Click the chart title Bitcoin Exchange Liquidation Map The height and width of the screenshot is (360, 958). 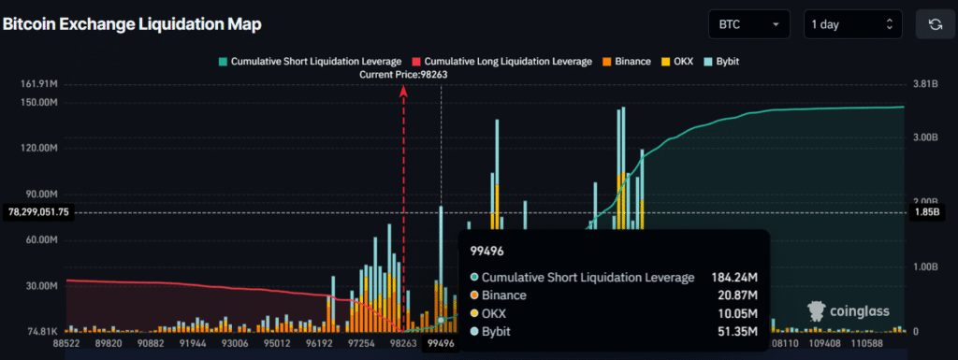click(x=131, y=23)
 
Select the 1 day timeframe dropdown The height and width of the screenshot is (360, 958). click(x=852, y=24)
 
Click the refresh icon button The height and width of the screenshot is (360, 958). click(x=934, y=24)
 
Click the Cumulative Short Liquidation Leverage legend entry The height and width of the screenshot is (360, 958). click(x=309, y=61)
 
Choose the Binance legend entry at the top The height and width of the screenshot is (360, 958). click(x=628, y=61)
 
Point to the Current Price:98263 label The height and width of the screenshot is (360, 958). click(x=403, y=75)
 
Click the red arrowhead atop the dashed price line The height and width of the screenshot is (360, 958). click(x=403, y=91)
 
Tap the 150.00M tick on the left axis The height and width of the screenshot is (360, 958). click(x=38, y=102)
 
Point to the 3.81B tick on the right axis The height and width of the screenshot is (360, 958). click(x=924, y=84)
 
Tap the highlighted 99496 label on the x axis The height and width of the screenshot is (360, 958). click(x=441, y=344)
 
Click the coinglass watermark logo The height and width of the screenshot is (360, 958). click(x=849, y=310)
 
